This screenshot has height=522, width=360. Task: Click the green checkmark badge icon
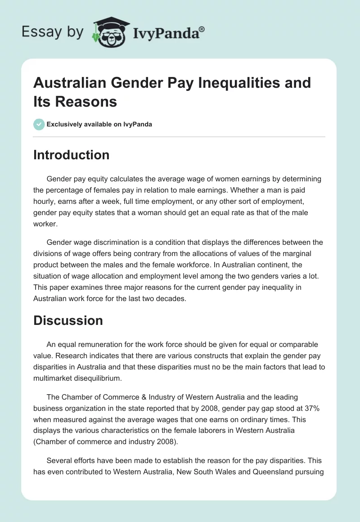click(x=39, y=124)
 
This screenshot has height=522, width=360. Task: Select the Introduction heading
click(x=72, y=155)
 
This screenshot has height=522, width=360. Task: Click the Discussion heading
click(x=68, y=320)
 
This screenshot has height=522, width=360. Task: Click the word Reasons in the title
click(x=86, y=101)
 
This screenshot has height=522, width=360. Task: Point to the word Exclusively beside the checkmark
click(x=64, y=124)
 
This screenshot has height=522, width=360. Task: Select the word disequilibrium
click(x=100, y=378)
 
